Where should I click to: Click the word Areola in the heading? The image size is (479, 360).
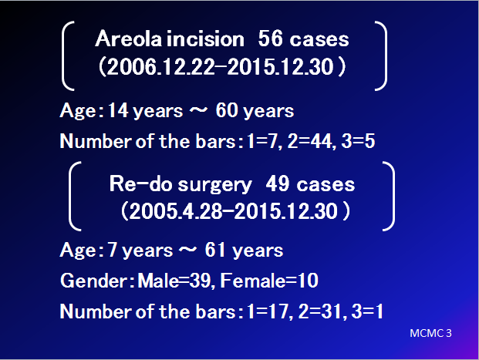click(128, 39)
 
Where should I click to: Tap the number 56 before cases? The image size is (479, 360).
click(270, 39)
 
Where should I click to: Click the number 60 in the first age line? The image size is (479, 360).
click(227, 110)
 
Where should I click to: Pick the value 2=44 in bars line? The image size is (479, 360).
click(309, 141)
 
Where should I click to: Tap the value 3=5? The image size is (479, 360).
click(358, 141)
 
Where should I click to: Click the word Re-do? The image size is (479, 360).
click(140, 183)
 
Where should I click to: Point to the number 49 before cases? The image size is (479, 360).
click(278, 183)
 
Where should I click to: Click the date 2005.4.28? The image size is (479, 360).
click(176, 211)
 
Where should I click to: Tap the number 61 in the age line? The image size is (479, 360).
click(216, 250)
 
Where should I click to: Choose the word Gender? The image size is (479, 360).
click(94, 281)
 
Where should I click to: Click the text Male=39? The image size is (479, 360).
click(174, 281)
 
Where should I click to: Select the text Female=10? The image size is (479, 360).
click(269, 281)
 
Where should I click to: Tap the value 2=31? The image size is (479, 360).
click(319, 311)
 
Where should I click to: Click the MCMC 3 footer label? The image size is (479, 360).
click(430, 333)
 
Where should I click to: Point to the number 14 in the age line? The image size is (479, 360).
click(118, 110)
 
